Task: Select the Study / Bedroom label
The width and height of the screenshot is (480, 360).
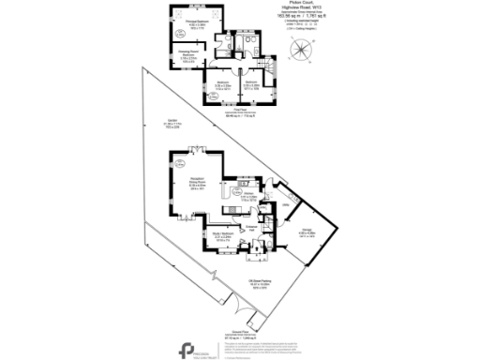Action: pos(221,236)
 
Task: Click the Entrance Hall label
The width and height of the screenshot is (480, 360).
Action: pos(252,228)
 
